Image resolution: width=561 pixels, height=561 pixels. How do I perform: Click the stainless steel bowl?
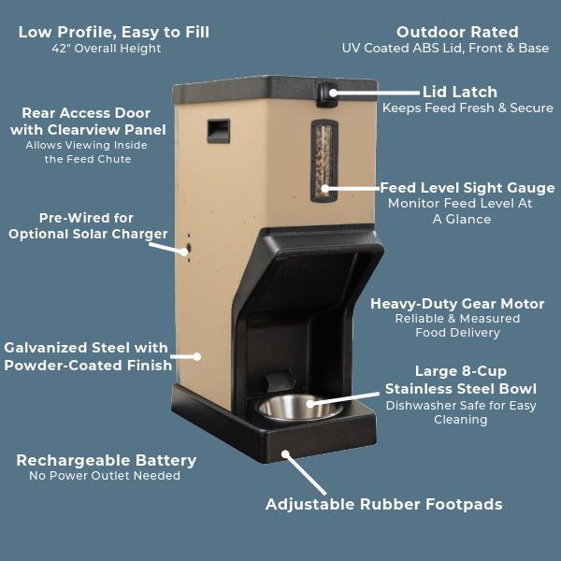pyautogui.click(x=298, y=407)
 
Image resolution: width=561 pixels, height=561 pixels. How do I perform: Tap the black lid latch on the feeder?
pyautogui.click(x=327, y=94)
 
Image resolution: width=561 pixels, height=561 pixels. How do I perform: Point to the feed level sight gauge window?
pyautogui.click(x=324, y=161)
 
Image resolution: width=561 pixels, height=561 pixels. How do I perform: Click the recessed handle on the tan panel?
pyautogui.click(x=218, y=131)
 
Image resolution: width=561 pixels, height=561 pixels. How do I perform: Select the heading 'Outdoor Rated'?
pyautogui.click(x=457, y=32)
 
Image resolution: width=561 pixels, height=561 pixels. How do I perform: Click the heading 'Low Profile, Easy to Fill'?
pyautogui.click(x=114, y=32)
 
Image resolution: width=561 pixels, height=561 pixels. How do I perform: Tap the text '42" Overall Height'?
pyautogui.click(x=107, y=49)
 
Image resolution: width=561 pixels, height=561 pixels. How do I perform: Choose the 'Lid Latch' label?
pyautogui.click(x=460, y=92)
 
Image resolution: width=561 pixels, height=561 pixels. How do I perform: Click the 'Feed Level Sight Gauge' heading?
pyautogui.click(x=467, y=188)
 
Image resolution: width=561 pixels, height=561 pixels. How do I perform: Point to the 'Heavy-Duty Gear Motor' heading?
pyautogui.click(x=457, y=304)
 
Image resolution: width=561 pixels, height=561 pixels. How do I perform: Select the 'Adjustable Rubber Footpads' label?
pyautogui.click(x=384, y=504)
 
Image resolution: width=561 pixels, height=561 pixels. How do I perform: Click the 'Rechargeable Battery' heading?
pyautogui.click(x=107, y=460)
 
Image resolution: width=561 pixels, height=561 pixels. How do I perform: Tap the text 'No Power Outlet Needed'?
pyautogui.click(x=105, y=476)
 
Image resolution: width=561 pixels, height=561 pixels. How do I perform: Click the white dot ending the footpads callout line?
pyautogui.click(x=285, y=454)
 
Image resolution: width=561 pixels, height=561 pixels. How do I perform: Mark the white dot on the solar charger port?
pyautogui.click(x=184, y=252)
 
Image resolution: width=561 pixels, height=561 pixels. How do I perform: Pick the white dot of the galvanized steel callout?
pyautogui.click(x=196, y=356)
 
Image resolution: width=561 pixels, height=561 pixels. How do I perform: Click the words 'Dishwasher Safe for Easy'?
pyautogui.click(x=461, y=406)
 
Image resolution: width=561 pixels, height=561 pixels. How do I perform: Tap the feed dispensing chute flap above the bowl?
pyautogui.click(x=279, y=381)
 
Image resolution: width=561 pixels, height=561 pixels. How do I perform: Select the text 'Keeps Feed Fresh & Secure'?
pyautogui.click(x=467, y=108)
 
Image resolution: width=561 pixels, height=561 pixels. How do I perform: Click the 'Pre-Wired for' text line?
pyautogui.click(x=86, y=218)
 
